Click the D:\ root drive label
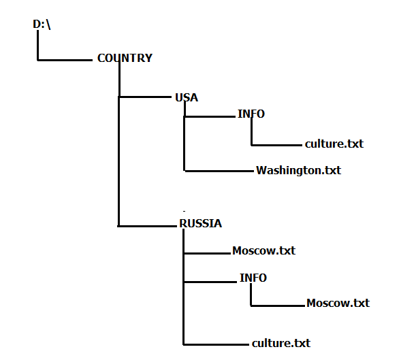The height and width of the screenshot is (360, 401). (x=42, y=24)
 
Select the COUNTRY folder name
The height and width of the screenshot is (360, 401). (x=125, y=58)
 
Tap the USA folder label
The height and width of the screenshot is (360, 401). (x=187, y=97)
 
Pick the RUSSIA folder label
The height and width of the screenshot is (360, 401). (x=200, y=223)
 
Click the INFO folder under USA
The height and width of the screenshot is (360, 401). (x=251, y=114)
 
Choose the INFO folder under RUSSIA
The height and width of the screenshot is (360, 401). (x=253, y=278)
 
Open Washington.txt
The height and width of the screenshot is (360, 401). (x=298, y=171)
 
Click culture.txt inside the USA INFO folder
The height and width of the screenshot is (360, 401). (x=334, y=144)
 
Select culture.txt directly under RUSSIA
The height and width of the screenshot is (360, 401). (x=281, y=343)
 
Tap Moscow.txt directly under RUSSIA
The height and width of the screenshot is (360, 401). (x=263, y=250)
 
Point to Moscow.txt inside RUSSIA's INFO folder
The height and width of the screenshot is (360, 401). (x=338, y=303)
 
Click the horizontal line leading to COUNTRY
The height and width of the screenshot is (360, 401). (x=65, y=60)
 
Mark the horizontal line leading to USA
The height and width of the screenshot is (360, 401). (x=145, y=97)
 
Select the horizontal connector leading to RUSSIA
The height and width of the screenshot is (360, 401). (x=147, y=226)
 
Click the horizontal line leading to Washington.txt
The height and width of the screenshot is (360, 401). (x=219, y=171)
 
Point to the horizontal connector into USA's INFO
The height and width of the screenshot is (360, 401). (x=210, y=116)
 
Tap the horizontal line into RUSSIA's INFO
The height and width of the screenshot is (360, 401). (x=210, y=282)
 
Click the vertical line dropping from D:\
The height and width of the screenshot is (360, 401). (x=38, y=46)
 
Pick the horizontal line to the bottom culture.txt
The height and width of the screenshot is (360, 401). (x=216, y=344)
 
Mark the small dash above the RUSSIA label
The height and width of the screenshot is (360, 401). (x=184, y=211)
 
